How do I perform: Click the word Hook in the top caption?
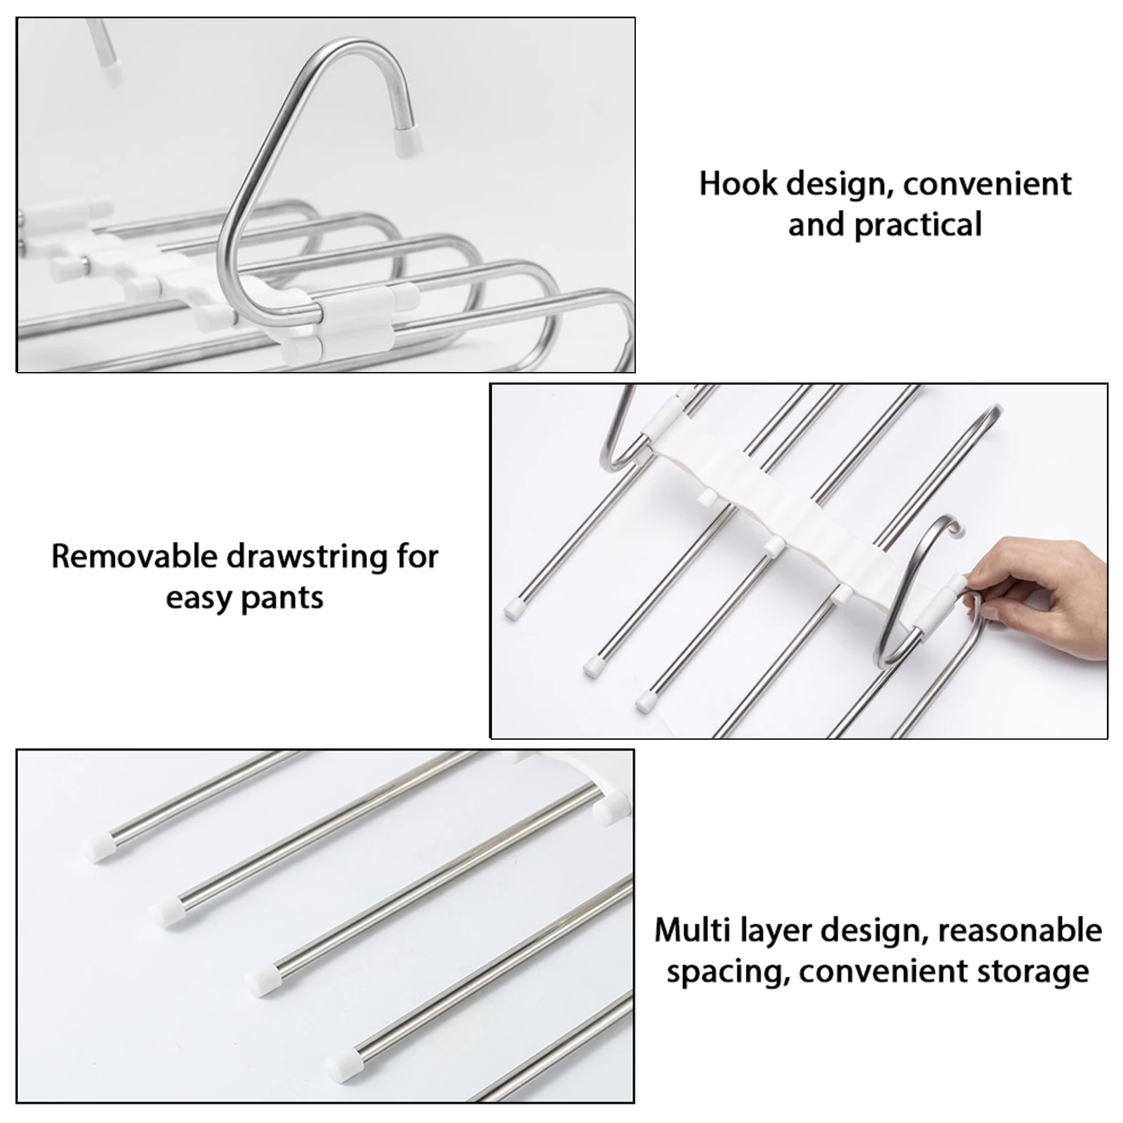point(738,185)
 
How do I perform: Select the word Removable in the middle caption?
point(133,557)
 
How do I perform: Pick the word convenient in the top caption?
point(987,185)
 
